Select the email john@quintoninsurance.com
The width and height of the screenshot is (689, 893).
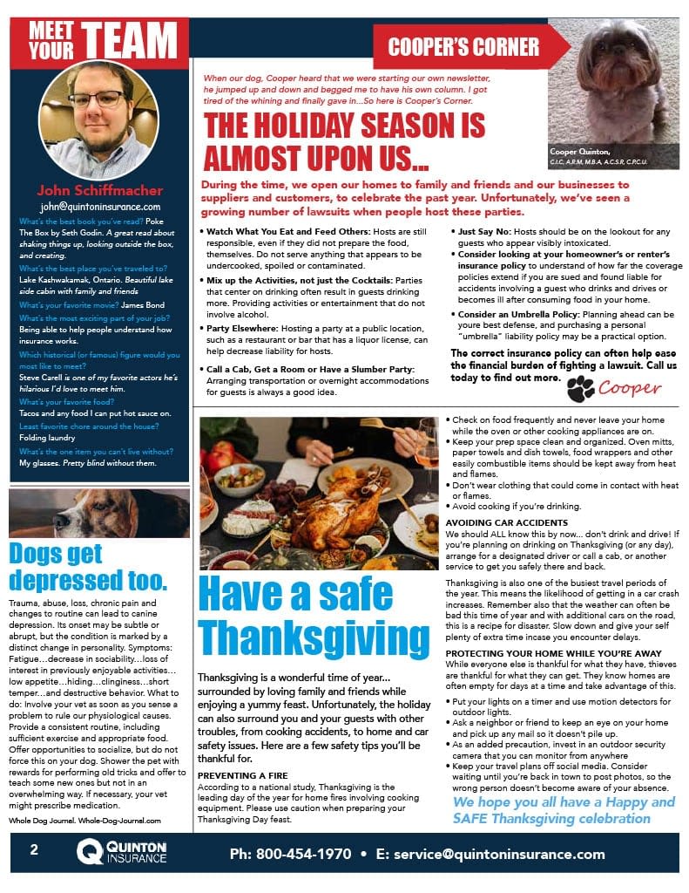pos(100,207)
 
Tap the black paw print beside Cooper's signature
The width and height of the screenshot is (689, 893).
pos(580,389)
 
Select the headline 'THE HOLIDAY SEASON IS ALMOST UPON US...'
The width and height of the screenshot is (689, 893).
pos(344,142)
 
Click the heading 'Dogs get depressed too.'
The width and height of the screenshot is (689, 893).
pos(88,566)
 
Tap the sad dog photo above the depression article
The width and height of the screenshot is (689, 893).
pos(99,512)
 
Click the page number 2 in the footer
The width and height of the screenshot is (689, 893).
pos(34,851)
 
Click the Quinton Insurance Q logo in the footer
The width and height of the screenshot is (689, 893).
pos(91,853)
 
